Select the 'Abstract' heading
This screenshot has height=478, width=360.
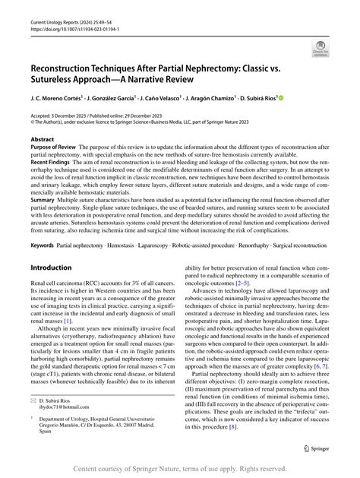click(x=42, y=140)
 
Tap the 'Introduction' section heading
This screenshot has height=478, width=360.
click(x=57, y=267)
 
